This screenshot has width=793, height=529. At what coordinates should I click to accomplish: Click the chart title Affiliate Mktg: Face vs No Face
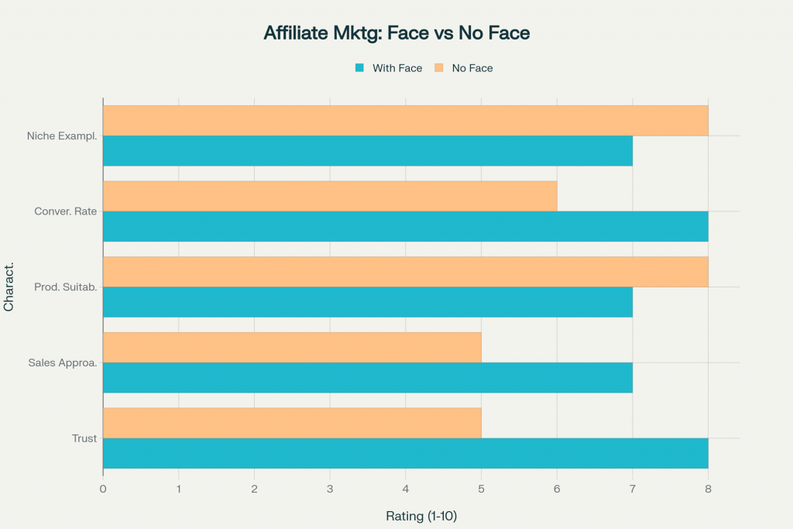coord(396,33)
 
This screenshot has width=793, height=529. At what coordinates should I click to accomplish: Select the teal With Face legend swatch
coord(359,68)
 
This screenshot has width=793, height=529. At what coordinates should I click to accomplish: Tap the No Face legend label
coord(472,68)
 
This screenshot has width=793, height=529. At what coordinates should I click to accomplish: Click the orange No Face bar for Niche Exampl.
coord(405,121)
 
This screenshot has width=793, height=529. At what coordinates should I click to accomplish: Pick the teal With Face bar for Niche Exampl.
coord(367,151)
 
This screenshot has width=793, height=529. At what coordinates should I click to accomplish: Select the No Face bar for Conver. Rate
coord(330,196)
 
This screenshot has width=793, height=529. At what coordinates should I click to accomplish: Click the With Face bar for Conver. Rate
coord(405,226)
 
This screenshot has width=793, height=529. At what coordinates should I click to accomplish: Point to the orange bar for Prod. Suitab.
coord(405,272)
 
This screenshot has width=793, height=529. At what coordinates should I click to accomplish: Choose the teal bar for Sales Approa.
coord(367,378)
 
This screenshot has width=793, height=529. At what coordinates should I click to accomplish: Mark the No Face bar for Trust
coord(292,423)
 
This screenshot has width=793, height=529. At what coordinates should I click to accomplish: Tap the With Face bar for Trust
coord(405,453)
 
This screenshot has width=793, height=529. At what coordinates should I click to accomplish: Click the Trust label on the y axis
coord(84,438)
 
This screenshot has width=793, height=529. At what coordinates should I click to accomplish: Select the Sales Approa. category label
coord(63,362)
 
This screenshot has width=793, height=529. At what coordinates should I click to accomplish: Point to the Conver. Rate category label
coord(66,211)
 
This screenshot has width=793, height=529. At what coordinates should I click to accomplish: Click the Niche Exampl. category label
coord(62,136)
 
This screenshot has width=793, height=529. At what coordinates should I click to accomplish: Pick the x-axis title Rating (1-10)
coord(421,516)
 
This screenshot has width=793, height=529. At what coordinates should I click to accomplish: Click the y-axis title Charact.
coord(9,287)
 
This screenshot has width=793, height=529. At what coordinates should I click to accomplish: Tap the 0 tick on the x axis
coord(103,489)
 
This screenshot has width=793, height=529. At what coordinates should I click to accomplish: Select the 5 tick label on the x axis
coord(481,489)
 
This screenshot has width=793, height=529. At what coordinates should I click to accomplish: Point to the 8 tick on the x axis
coord(708,489)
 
